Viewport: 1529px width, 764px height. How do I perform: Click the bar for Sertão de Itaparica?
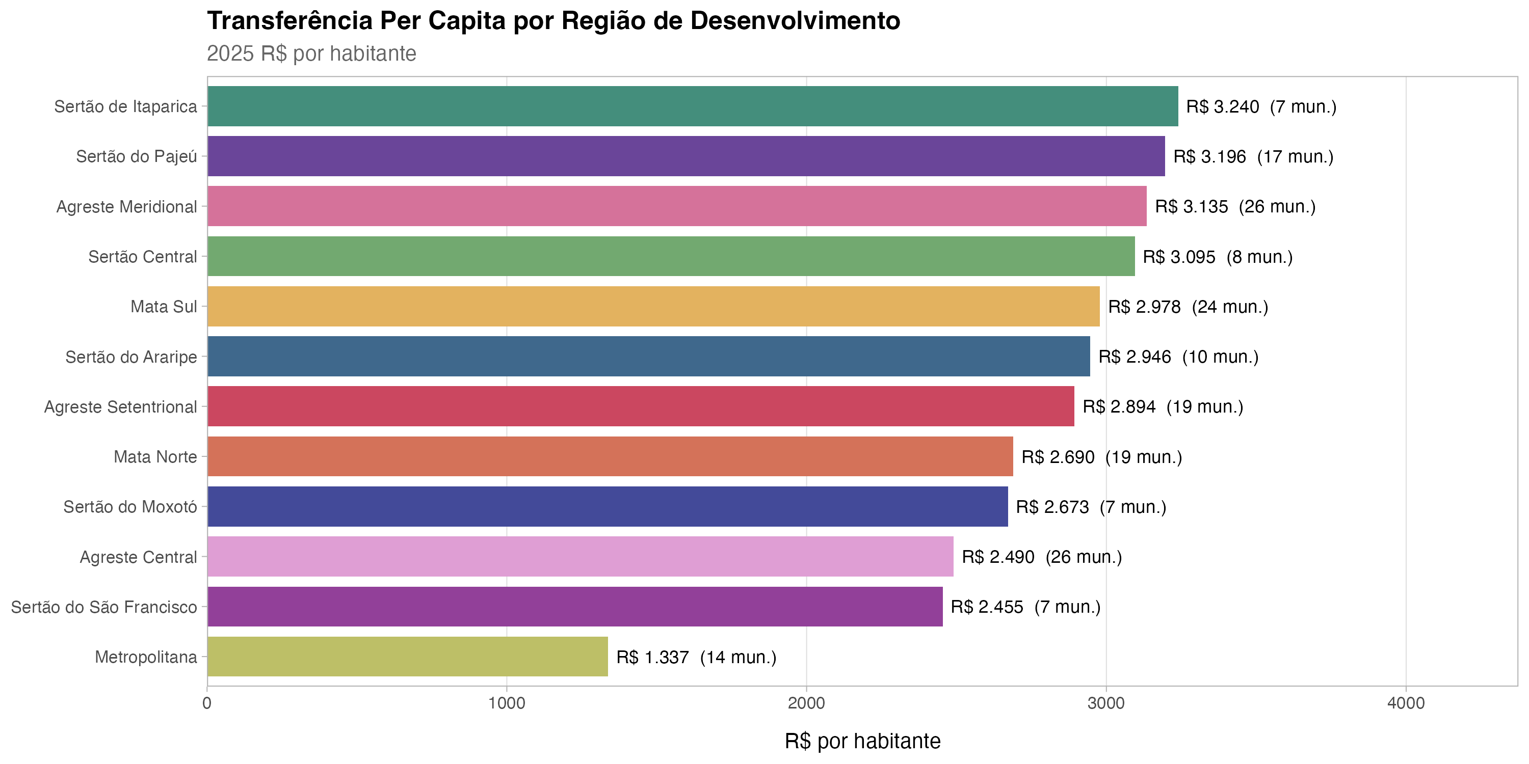click(x=692, y=106)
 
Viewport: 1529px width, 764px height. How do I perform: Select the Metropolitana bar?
click(x=407, y=657)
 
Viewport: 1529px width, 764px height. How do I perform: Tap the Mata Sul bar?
click(x=653, y=307)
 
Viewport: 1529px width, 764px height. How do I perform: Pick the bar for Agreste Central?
click(x=580, y=556)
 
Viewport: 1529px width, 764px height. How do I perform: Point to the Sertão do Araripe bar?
click(x=648, y=357)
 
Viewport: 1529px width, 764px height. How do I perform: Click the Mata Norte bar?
click(x=610, y=457)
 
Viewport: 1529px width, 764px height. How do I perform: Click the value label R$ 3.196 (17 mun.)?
click(x=1253, y=156)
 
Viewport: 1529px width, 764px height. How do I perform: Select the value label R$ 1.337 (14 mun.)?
click(x=696, y=657)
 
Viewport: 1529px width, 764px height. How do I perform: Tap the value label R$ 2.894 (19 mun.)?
click(x=1162, y=407)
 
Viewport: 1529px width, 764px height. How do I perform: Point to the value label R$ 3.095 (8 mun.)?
click(x=1218, y=257)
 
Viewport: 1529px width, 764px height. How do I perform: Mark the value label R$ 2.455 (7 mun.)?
click(x=1025, y=607)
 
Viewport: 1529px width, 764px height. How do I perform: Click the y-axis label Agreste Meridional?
click(x=126, y=207)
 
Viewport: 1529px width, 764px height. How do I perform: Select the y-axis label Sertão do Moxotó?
click(x=130, y=507)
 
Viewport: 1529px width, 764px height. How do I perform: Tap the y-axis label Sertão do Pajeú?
click(x=137, y=156)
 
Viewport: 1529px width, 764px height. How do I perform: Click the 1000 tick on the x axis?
click(x=506, y=703)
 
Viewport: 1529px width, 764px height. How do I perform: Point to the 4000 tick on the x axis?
click(x=1406, y=703)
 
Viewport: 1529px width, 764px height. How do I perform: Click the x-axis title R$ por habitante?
click(x=862, y=742)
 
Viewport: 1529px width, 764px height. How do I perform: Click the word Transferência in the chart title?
click(x=289, y=21)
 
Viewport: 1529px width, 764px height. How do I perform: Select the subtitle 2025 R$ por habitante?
click(x=311, y=53)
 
